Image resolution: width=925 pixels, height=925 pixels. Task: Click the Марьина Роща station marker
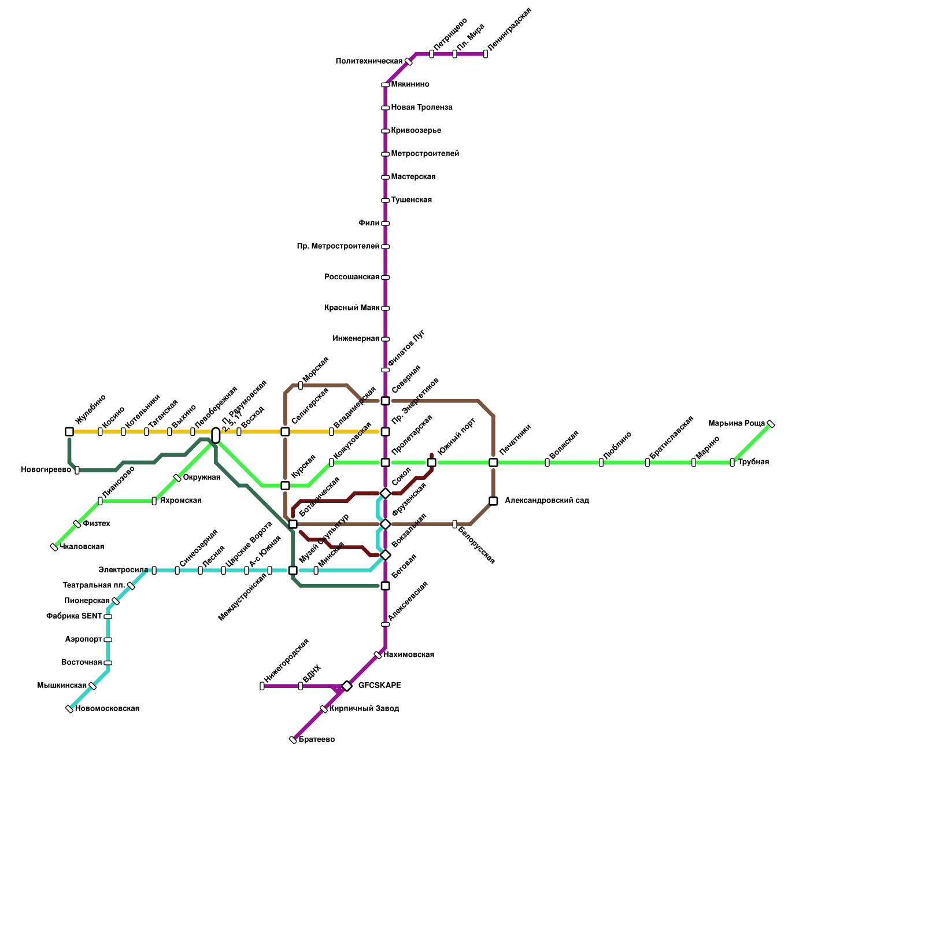[770, 424]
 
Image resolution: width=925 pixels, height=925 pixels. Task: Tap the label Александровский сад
[546, 501]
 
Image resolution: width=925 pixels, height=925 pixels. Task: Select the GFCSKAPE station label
[379, 686]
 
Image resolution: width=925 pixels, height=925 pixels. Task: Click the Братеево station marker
[293, 740]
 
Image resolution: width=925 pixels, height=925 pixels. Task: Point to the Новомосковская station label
[107, 709]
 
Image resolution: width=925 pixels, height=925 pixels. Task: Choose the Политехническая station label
[369, 61]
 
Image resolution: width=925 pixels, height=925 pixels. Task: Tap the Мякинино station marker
[385, 85]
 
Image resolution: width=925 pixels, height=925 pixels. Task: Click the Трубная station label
[753, 462]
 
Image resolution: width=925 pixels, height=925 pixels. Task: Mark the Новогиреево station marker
[77, 470]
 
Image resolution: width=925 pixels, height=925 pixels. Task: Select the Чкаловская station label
[82, 547]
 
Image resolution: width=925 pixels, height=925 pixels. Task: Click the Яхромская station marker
[154, 501]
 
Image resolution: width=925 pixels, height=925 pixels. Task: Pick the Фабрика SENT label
[74, 616]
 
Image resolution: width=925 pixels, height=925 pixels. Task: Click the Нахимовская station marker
[378, 655]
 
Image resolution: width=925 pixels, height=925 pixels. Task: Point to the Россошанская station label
[351, 277]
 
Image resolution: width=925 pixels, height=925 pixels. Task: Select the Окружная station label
[201, 478]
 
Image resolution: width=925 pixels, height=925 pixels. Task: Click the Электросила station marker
[154, 571]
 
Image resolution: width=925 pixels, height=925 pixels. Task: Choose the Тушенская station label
[411, 200]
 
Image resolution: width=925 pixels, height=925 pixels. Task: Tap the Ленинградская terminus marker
[485, 54]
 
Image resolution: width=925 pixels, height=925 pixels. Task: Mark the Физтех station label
[96, 524]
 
